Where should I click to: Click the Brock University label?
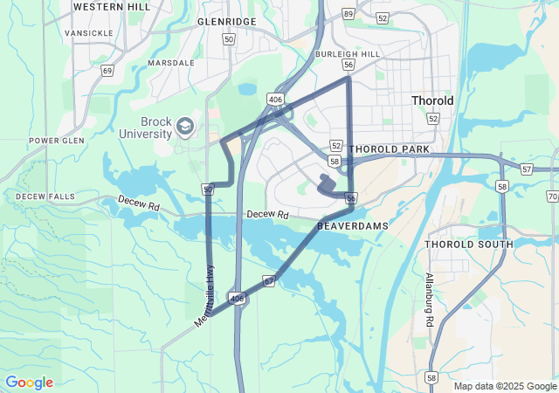click(146, 128)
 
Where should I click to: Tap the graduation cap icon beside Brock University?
click(185, 128)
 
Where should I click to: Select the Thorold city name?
click(432, 100)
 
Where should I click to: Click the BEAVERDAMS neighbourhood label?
click(352, 225)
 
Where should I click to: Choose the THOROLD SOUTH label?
click(469, 244)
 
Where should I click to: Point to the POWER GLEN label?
click(56, 141)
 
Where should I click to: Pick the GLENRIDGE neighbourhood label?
click(226, 21)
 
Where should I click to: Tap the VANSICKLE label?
click(88, 33)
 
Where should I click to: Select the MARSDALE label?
click(170, 63)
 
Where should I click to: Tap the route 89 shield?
click(349, 14)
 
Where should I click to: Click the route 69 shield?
click(107, 70)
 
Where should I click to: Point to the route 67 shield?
click(269, 281)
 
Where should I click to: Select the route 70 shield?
click(552, 196)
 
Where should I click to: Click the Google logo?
click(29, 383)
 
